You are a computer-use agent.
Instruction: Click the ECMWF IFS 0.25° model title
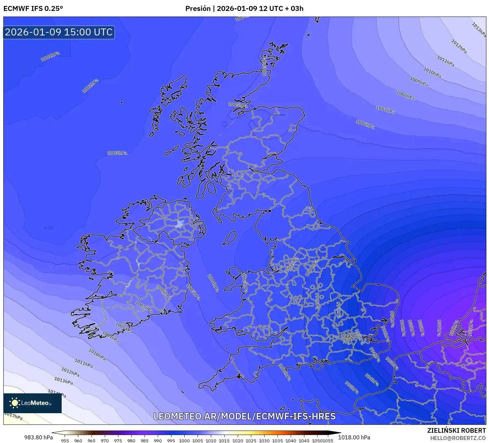click(33, 9)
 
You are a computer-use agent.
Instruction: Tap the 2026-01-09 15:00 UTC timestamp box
click(59, 32)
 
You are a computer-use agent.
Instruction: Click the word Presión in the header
click(198, 9)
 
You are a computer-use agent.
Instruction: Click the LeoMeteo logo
click(32, 403)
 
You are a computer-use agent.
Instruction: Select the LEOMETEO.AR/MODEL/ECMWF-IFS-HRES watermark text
click(244, 416)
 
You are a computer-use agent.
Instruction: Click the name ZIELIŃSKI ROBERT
click(457, 430)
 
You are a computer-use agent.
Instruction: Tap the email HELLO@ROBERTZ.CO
click(458, 438)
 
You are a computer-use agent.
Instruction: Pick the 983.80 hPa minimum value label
click(38, 437)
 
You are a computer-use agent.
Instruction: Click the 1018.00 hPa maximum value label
click(354, 437)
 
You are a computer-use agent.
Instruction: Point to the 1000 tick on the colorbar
click(184, 440)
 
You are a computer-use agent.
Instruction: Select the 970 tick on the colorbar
click(105, 440)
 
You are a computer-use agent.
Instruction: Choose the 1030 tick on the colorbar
click(264, 440)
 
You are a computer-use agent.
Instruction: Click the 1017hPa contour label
click(13, 416)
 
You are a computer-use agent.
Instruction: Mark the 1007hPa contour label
click(385, 110)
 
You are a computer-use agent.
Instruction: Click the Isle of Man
click(229, 238)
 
